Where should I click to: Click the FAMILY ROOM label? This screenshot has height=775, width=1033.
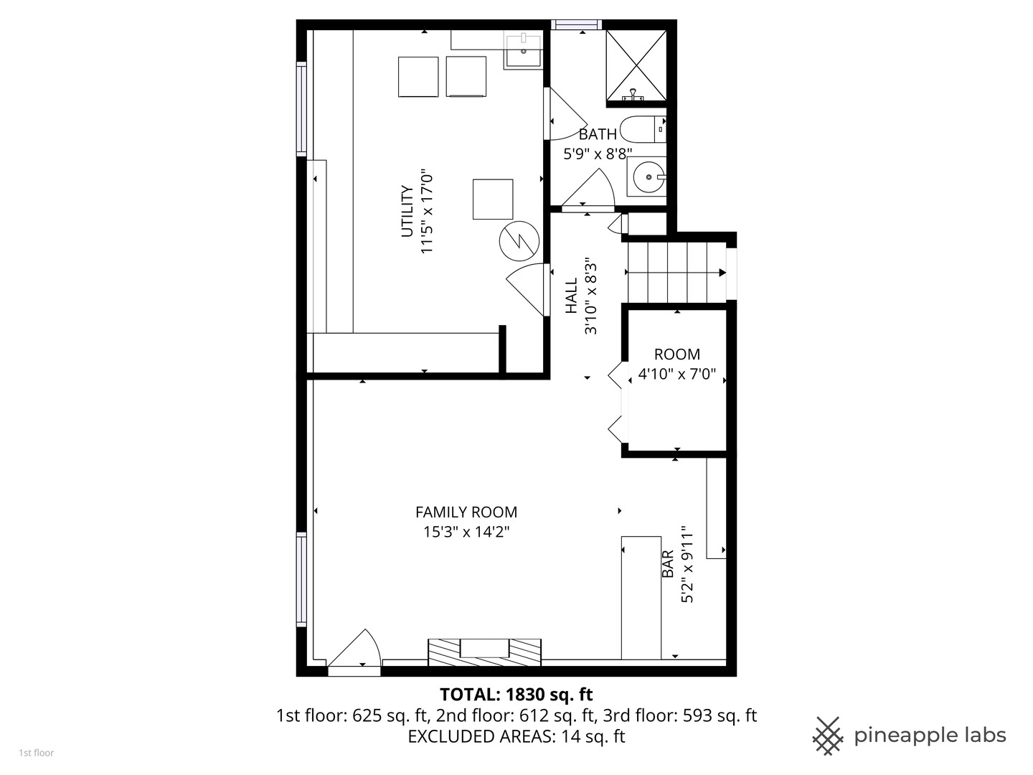(466, 512)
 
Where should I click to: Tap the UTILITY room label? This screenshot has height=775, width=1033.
(407, 212)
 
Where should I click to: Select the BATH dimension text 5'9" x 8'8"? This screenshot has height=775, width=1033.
(597, 153)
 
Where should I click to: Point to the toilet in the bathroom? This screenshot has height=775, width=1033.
(643, 129)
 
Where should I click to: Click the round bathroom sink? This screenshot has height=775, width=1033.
(648, 177)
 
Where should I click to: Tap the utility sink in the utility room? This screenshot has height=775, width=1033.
(523, 50)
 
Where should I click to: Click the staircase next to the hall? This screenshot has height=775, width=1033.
(674, 273)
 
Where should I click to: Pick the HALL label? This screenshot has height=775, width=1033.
(571, 296)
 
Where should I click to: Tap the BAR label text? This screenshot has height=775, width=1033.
(668, 564)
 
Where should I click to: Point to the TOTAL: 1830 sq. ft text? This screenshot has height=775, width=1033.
(516, 695)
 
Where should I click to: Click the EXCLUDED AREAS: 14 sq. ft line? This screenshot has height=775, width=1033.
(516, 736)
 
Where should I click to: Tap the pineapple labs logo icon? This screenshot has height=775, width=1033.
(827, 736)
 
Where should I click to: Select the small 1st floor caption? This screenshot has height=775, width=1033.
(36, 753)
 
